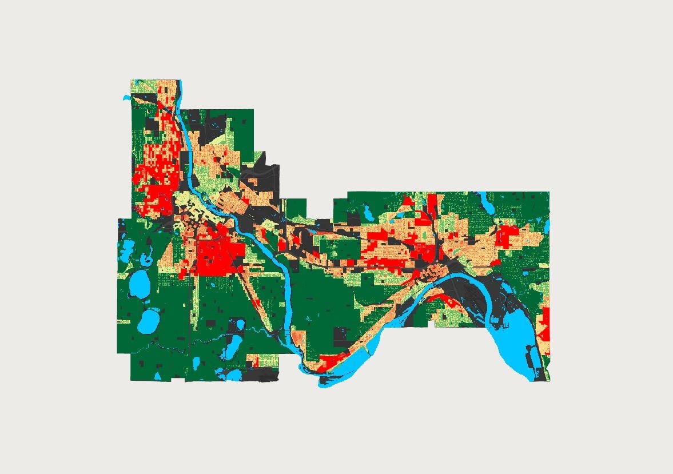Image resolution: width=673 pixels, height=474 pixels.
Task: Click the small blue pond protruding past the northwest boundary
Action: coord(126,98)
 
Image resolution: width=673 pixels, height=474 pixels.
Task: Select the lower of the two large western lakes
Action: coord(149,320)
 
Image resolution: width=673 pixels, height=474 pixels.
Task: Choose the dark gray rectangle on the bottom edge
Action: coord(262,375)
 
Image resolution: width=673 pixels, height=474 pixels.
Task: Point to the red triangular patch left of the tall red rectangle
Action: coord(407,201)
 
